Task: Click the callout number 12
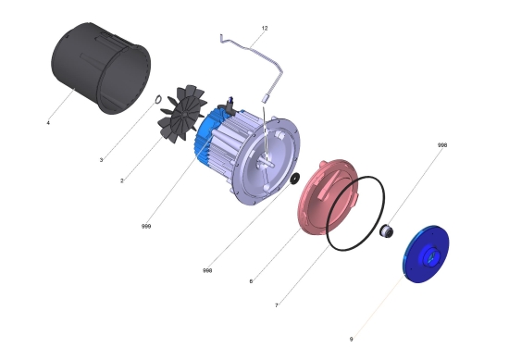click(x=265, y=29)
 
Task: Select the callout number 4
click(x=48, y=123)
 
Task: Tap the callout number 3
click(x=101, y=160)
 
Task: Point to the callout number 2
click(x=122, y=180)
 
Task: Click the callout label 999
click(x=146, y=226)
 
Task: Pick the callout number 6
click(x=251, y=281)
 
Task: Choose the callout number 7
click(x=277, y=305)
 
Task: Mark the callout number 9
click(x=351, y=340)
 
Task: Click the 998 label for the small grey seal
click(x=442, y=145)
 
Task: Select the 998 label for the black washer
click(x=207, y=270)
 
